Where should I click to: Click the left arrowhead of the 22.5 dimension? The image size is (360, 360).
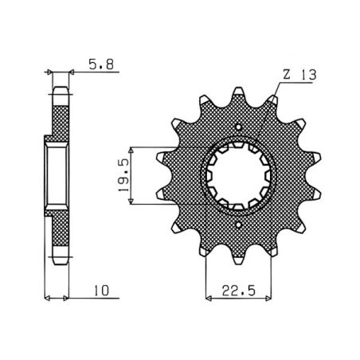click(x=209, y=299)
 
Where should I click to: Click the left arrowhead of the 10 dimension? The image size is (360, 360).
click(x=48, y=299)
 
